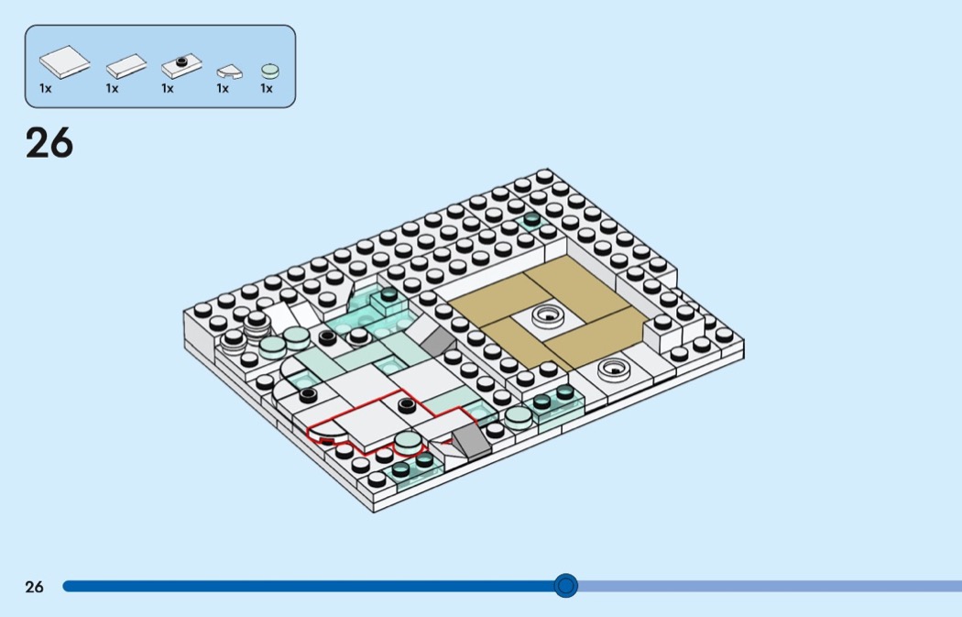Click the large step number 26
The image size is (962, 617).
(49, 144)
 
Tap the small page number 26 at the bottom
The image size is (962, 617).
(34, 587)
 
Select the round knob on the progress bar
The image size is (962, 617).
(566, 585)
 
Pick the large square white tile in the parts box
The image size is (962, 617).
(64, 62)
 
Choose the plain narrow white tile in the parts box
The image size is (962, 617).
(126, 66)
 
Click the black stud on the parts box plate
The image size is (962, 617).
(181, 61)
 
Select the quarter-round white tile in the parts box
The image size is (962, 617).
(227, 71)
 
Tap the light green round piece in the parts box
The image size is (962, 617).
(270, 70)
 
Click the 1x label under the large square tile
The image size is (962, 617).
(46, 89)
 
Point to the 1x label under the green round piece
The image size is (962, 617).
(267, 89)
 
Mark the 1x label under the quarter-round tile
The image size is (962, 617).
(223, 89)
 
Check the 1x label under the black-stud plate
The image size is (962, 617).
(168, 89)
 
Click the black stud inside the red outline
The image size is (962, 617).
(407, 403)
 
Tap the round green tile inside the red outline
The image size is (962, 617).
(409, 441)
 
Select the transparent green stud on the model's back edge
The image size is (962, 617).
(530, 220)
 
